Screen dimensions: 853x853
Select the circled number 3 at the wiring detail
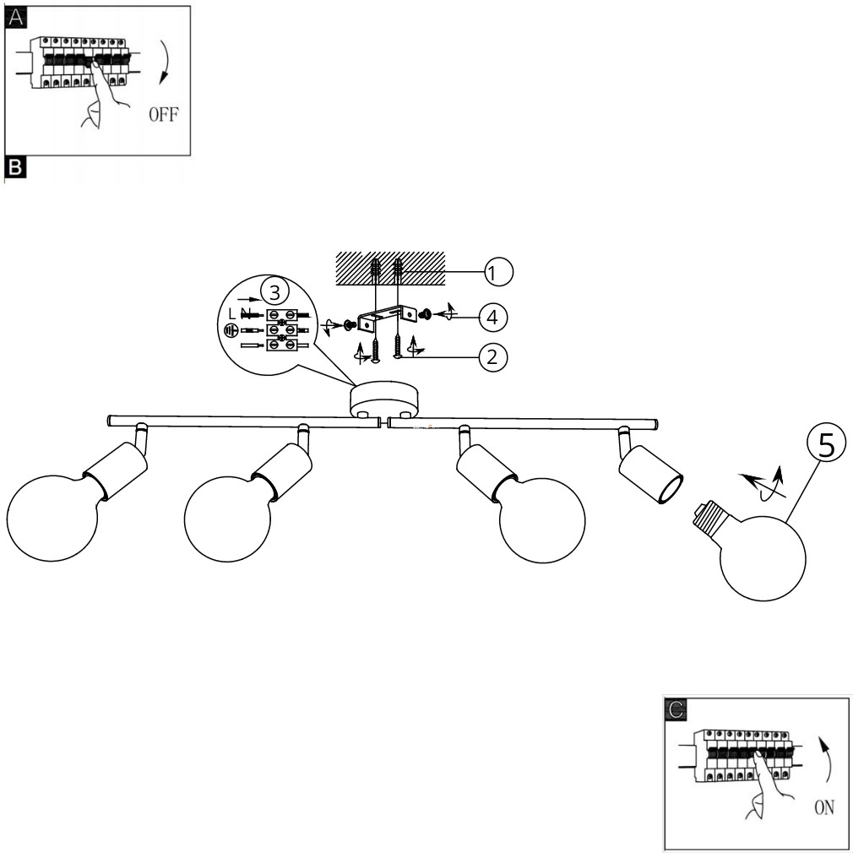(x=273, y=291)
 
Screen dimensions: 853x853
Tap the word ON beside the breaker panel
(x=824, y=808)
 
